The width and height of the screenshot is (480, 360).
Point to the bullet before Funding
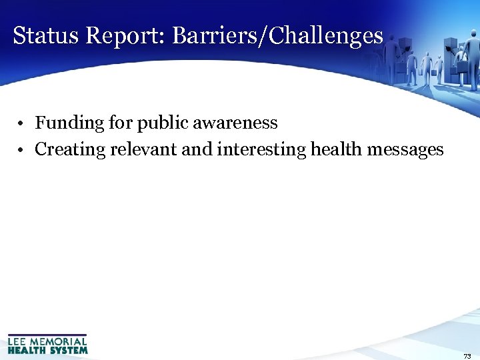[22, 124]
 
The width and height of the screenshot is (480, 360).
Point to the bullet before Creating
[22, 151]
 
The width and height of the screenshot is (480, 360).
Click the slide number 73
[467, 356]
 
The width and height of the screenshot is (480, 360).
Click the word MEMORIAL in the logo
[59, 341]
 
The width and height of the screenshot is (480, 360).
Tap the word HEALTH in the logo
[27, 349]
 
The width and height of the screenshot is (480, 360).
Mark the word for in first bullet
[121, 123]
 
